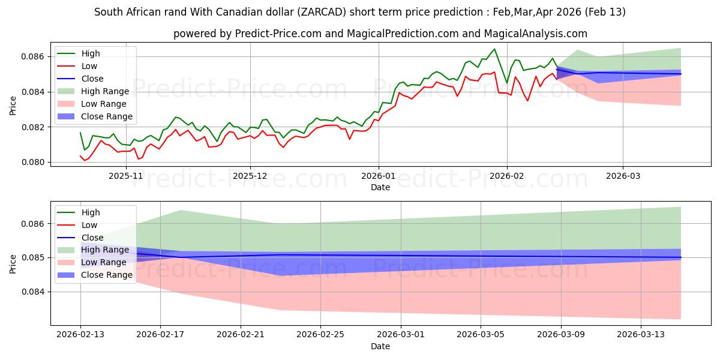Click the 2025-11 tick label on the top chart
(x=122, y=176)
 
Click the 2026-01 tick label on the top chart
(x=378, y=176)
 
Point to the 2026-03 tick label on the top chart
(x=623, y=176)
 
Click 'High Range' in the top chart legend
(x=105, y=91)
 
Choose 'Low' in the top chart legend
(x=89, y=66)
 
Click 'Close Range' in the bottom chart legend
(x=107, y=275)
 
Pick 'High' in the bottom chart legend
(x=91, y=212)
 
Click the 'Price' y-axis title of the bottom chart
(x=13, y=263)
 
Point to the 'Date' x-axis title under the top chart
(x=380, y=187)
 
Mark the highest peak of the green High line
(x=494, y=49)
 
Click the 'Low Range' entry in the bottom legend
(x=104, y=262)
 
